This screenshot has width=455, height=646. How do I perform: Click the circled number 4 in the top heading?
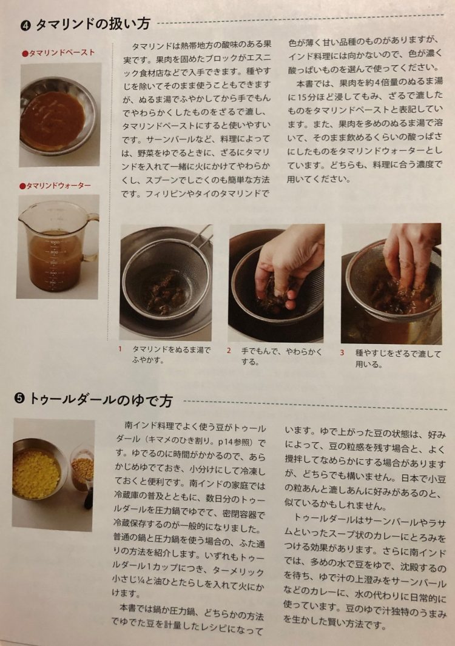tap(25, 25)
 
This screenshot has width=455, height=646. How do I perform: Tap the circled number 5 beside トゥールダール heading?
tap(19, 399)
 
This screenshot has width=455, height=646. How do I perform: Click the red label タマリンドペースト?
tap(58, 53)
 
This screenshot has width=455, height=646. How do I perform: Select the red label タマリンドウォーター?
tap(55, 186)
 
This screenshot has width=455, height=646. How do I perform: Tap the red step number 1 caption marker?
tap(120, 349)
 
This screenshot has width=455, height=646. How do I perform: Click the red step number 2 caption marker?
tap(229, 351)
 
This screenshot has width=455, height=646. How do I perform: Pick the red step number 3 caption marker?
tap(342, 352)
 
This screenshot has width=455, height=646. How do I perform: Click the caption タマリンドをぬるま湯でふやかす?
tap(171, 354)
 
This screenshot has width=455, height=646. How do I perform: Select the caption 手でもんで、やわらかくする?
tap(282, 357)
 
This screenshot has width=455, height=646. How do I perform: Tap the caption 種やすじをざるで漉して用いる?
tap(398, 358)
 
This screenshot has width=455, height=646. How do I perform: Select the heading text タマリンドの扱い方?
tap(92, 24)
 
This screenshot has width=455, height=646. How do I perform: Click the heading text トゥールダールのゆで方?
tap(101, 399)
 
